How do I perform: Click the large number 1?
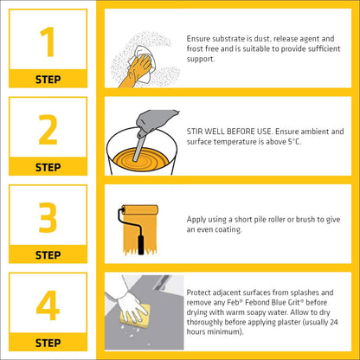click(48, 42)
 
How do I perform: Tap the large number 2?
click(48, 129)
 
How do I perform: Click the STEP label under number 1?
click(48, 79)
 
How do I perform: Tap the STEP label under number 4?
click(48, 342)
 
